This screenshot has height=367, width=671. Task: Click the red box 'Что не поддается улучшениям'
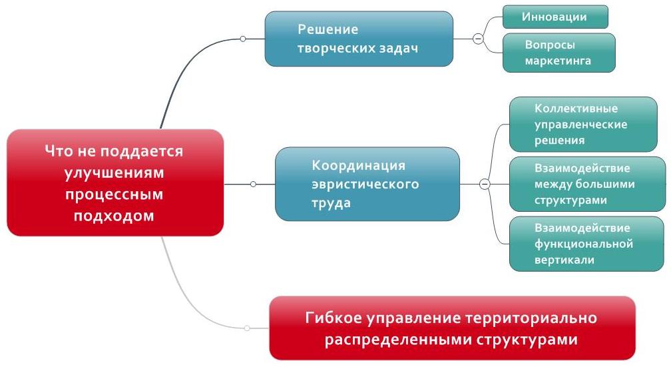(114, 183)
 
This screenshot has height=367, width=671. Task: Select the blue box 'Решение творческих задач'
(359, 39)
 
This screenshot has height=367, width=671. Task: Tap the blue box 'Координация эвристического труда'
(367, 184)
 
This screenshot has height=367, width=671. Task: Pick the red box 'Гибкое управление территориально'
(452, 328)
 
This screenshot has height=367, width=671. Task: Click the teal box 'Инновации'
(555, 17)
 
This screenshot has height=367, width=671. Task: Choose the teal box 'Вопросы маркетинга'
(559, 53)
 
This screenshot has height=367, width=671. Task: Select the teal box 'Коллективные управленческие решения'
(582, 125)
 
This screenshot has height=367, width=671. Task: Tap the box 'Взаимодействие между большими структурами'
(587, 184)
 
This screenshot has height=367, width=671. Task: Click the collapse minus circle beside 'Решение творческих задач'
(477, 39)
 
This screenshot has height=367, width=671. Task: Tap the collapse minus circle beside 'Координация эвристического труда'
(485, 184)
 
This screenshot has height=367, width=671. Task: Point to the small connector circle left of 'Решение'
(243, 39)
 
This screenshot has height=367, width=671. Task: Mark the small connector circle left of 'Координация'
(253, 184)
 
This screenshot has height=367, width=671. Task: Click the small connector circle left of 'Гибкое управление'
(248, 328)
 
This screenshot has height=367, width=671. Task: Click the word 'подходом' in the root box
(114, 215)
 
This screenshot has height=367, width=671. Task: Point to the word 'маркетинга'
(558, 62)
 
